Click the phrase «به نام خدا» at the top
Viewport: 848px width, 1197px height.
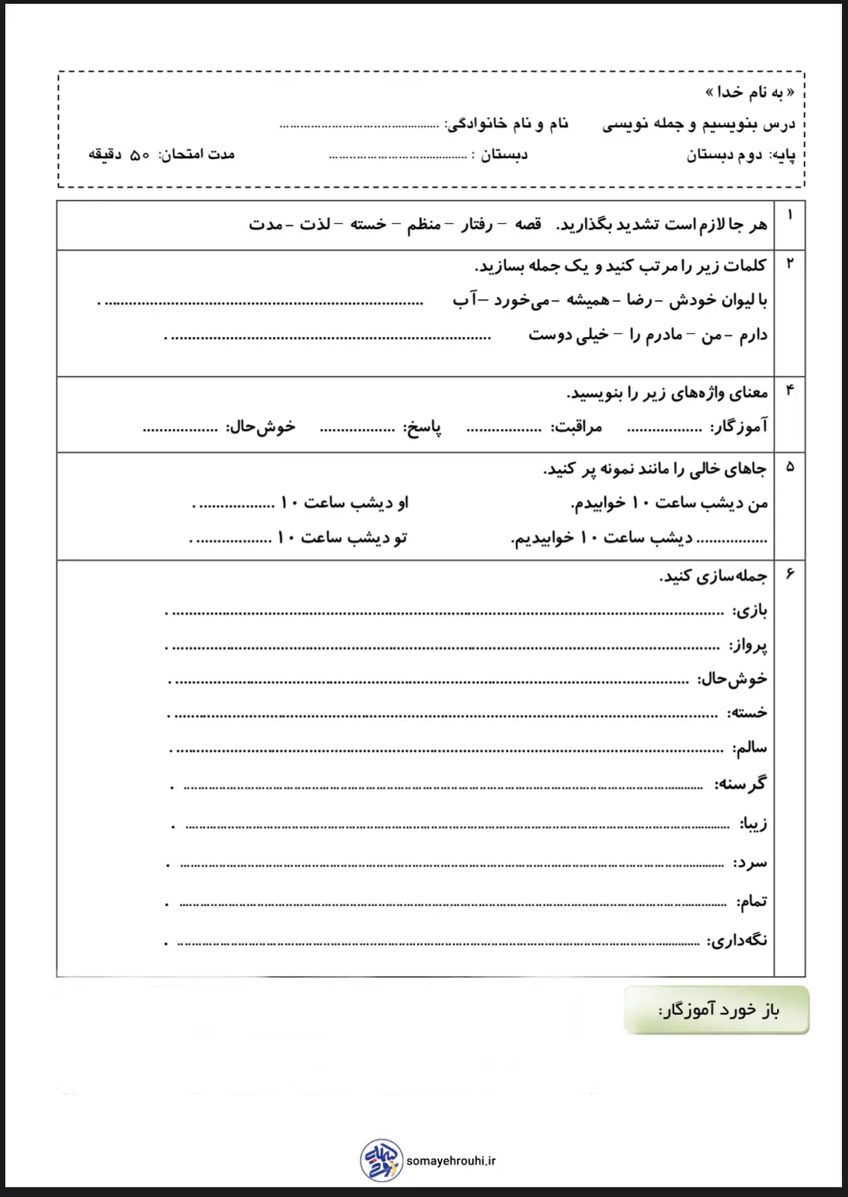(750, 92)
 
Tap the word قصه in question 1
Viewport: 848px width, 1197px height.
(528, 225)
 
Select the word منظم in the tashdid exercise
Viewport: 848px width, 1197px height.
(424, 225)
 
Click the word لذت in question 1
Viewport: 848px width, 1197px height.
(314, 225)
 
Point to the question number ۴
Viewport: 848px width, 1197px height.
(790, 390)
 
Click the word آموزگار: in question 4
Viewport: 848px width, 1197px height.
(739, 427)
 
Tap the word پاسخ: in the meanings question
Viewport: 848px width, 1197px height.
(422, 427)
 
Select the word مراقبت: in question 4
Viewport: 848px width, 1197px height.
(577, 427)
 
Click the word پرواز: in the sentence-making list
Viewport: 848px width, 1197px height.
(748, 645)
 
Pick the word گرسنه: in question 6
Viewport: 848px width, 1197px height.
(740, 784)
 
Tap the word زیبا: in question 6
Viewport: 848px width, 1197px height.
(753, 824)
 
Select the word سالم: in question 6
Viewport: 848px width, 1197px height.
(750, 748)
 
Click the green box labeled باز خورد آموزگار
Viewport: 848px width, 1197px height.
(716, 1010)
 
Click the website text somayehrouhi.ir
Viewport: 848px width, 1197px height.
(451, 1162)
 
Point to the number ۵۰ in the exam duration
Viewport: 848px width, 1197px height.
(140, 155)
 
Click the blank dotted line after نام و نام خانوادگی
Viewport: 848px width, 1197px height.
(359, 125)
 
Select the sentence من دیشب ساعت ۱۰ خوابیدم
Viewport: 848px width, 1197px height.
(669, 503)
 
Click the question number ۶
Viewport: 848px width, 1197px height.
(790, 574)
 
